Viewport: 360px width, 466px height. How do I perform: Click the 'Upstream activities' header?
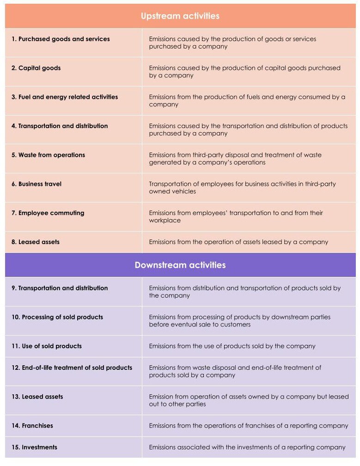(180, 16)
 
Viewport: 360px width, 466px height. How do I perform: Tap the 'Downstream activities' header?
(180, 265)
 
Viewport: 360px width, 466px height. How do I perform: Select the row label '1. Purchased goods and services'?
(61, 39)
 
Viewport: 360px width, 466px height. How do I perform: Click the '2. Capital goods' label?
(36, 68)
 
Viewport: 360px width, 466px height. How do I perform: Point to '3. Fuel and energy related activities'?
(65, 97)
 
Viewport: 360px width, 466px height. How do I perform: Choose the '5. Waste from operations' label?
(48, 155)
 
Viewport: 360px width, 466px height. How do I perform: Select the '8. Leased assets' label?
(36, 242)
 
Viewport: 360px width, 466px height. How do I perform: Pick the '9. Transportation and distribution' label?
(60, 288)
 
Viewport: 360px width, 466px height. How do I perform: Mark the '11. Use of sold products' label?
(47, 346)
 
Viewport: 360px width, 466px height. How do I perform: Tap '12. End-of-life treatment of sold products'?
(72, 368)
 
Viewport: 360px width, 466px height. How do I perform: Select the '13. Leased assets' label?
(37, 397)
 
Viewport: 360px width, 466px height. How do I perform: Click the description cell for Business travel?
(242, 188)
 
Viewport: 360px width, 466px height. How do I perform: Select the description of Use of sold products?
(232, 346)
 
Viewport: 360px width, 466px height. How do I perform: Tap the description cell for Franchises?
(248, 425)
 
